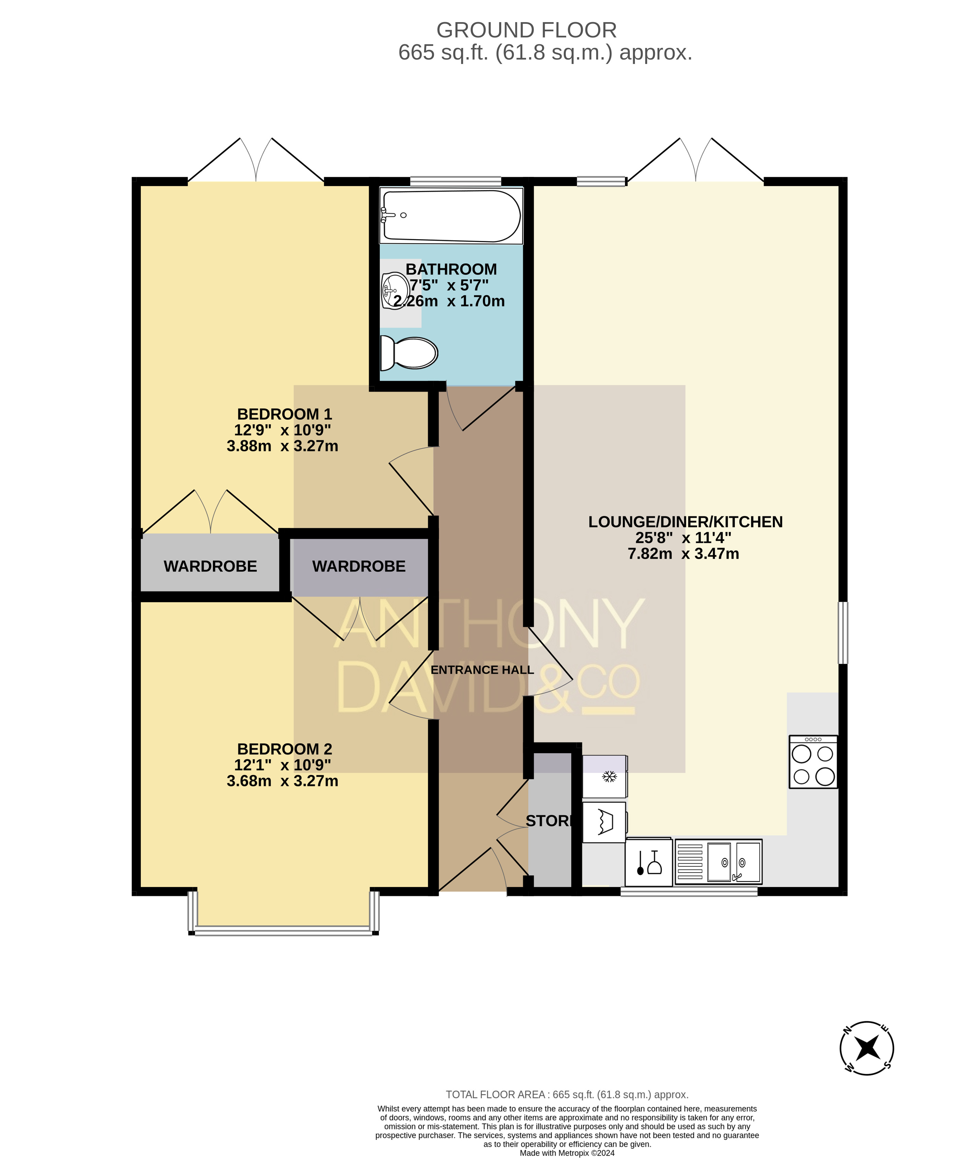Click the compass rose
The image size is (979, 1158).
(x=866, y=1048)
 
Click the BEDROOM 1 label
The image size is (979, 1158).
(x=284, y=414)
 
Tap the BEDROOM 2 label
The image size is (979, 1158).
(x=284, y=749)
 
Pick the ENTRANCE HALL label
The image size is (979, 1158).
(x=482, y=670)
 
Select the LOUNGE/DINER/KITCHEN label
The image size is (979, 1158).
(x=686, y=522)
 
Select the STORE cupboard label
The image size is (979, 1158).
(x=549, y=821)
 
